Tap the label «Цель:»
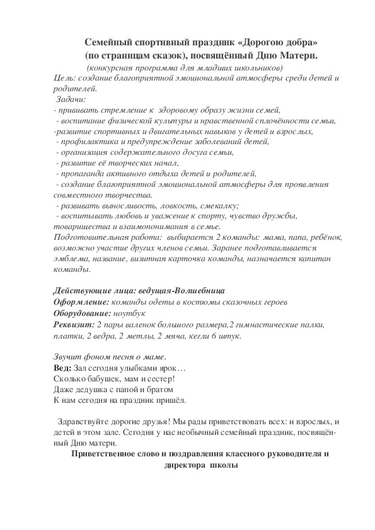65,77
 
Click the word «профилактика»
83,142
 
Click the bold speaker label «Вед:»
62,368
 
